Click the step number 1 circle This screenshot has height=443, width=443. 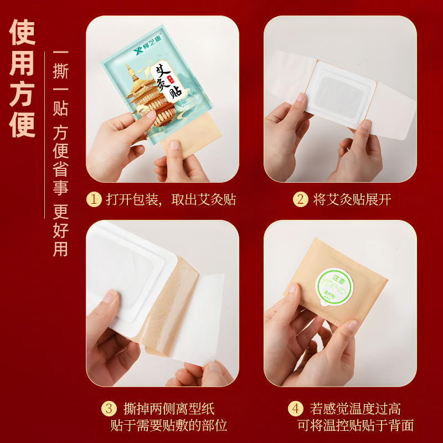pyautogui.click(x=94, y=199)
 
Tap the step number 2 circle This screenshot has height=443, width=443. pyautogui.click(x=301, y=199)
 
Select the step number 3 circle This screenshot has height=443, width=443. pyautogui.click(x=109, y=409)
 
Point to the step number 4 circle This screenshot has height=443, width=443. pyautogui.click(x=296, y=409)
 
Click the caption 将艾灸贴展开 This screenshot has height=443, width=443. pyautogui.click(x=352, y=199)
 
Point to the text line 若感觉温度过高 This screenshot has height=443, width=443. pyautogui.click(x=356, y=409)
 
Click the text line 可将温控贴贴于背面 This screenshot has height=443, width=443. pyautogui.click(x=356, y=426)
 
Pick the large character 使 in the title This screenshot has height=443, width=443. pyautogui.click(x=23, y=33)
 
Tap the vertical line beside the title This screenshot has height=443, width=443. pyautogui.click(x=44, y=138)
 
